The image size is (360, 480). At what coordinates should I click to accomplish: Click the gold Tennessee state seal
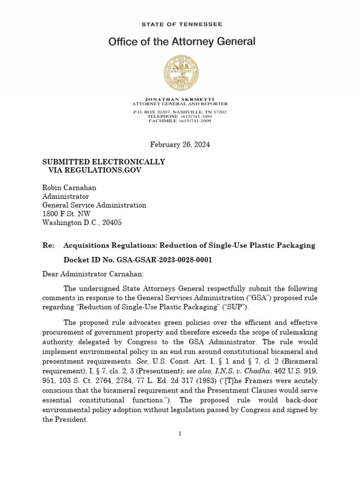click(181, 73)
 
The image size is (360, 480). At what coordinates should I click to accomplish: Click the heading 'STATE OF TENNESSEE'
click(181, 24)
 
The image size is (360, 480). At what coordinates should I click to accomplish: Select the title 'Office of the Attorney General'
click(182, 42)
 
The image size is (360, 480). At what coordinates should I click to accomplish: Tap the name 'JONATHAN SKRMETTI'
click(180, 99)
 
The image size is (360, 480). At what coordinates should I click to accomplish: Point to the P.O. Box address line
click(180, 112)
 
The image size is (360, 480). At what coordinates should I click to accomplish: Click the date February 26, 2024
click(180, 144)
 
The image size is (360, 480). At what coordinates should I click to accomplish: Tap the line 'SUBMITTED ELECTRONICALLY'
click(104, 162)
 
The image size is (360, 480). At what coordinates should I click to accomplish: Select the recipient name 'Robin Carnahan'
click(69, 187)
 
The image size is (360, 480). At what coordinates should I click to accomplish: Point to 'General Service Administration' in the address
click(94, 205)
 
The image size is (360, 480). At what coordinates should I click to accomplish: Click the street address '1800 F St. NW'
click(67, 214)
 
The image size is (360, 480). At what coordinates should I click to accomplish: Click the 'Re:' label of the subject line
click(48, 246)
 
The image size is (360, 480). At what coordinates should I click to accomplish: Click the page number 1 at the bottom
click(180, 434)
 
